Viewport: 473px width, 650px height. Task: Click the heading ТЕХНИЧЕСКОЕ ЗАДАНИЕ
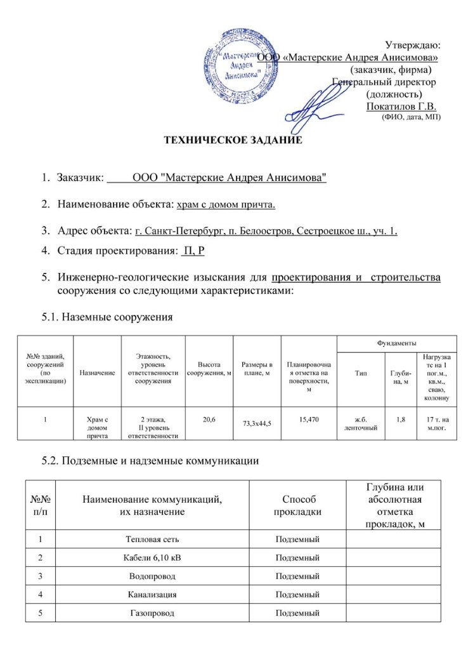(x=233, y=140)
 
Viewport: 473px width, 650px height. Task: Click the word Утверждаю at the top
(x=413, y=44)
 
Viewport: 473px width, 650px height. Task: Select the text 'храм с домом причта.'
(x=226, y=204)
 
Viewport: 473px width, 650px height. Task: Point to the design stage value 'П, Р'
(x=193, y=251)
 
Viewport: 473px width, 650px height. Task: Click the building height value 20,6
(x=209, y=420)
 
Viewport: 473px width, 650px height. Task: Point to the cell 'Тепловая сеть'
(x=152, y=540)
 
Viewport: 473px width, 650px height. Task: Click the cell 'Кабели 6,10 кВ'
(x=152, y=558)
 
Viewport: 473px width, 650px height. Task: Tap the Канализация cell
(x=152, y=595)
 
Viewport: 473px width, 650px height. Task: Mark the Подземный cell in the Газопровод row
(x=297, y=613)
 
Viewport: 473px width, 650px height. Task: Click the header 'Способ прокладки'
(x=297, y=505)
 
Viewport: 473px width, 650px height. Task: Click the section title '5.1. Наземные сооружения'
(x=108, y=315)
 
